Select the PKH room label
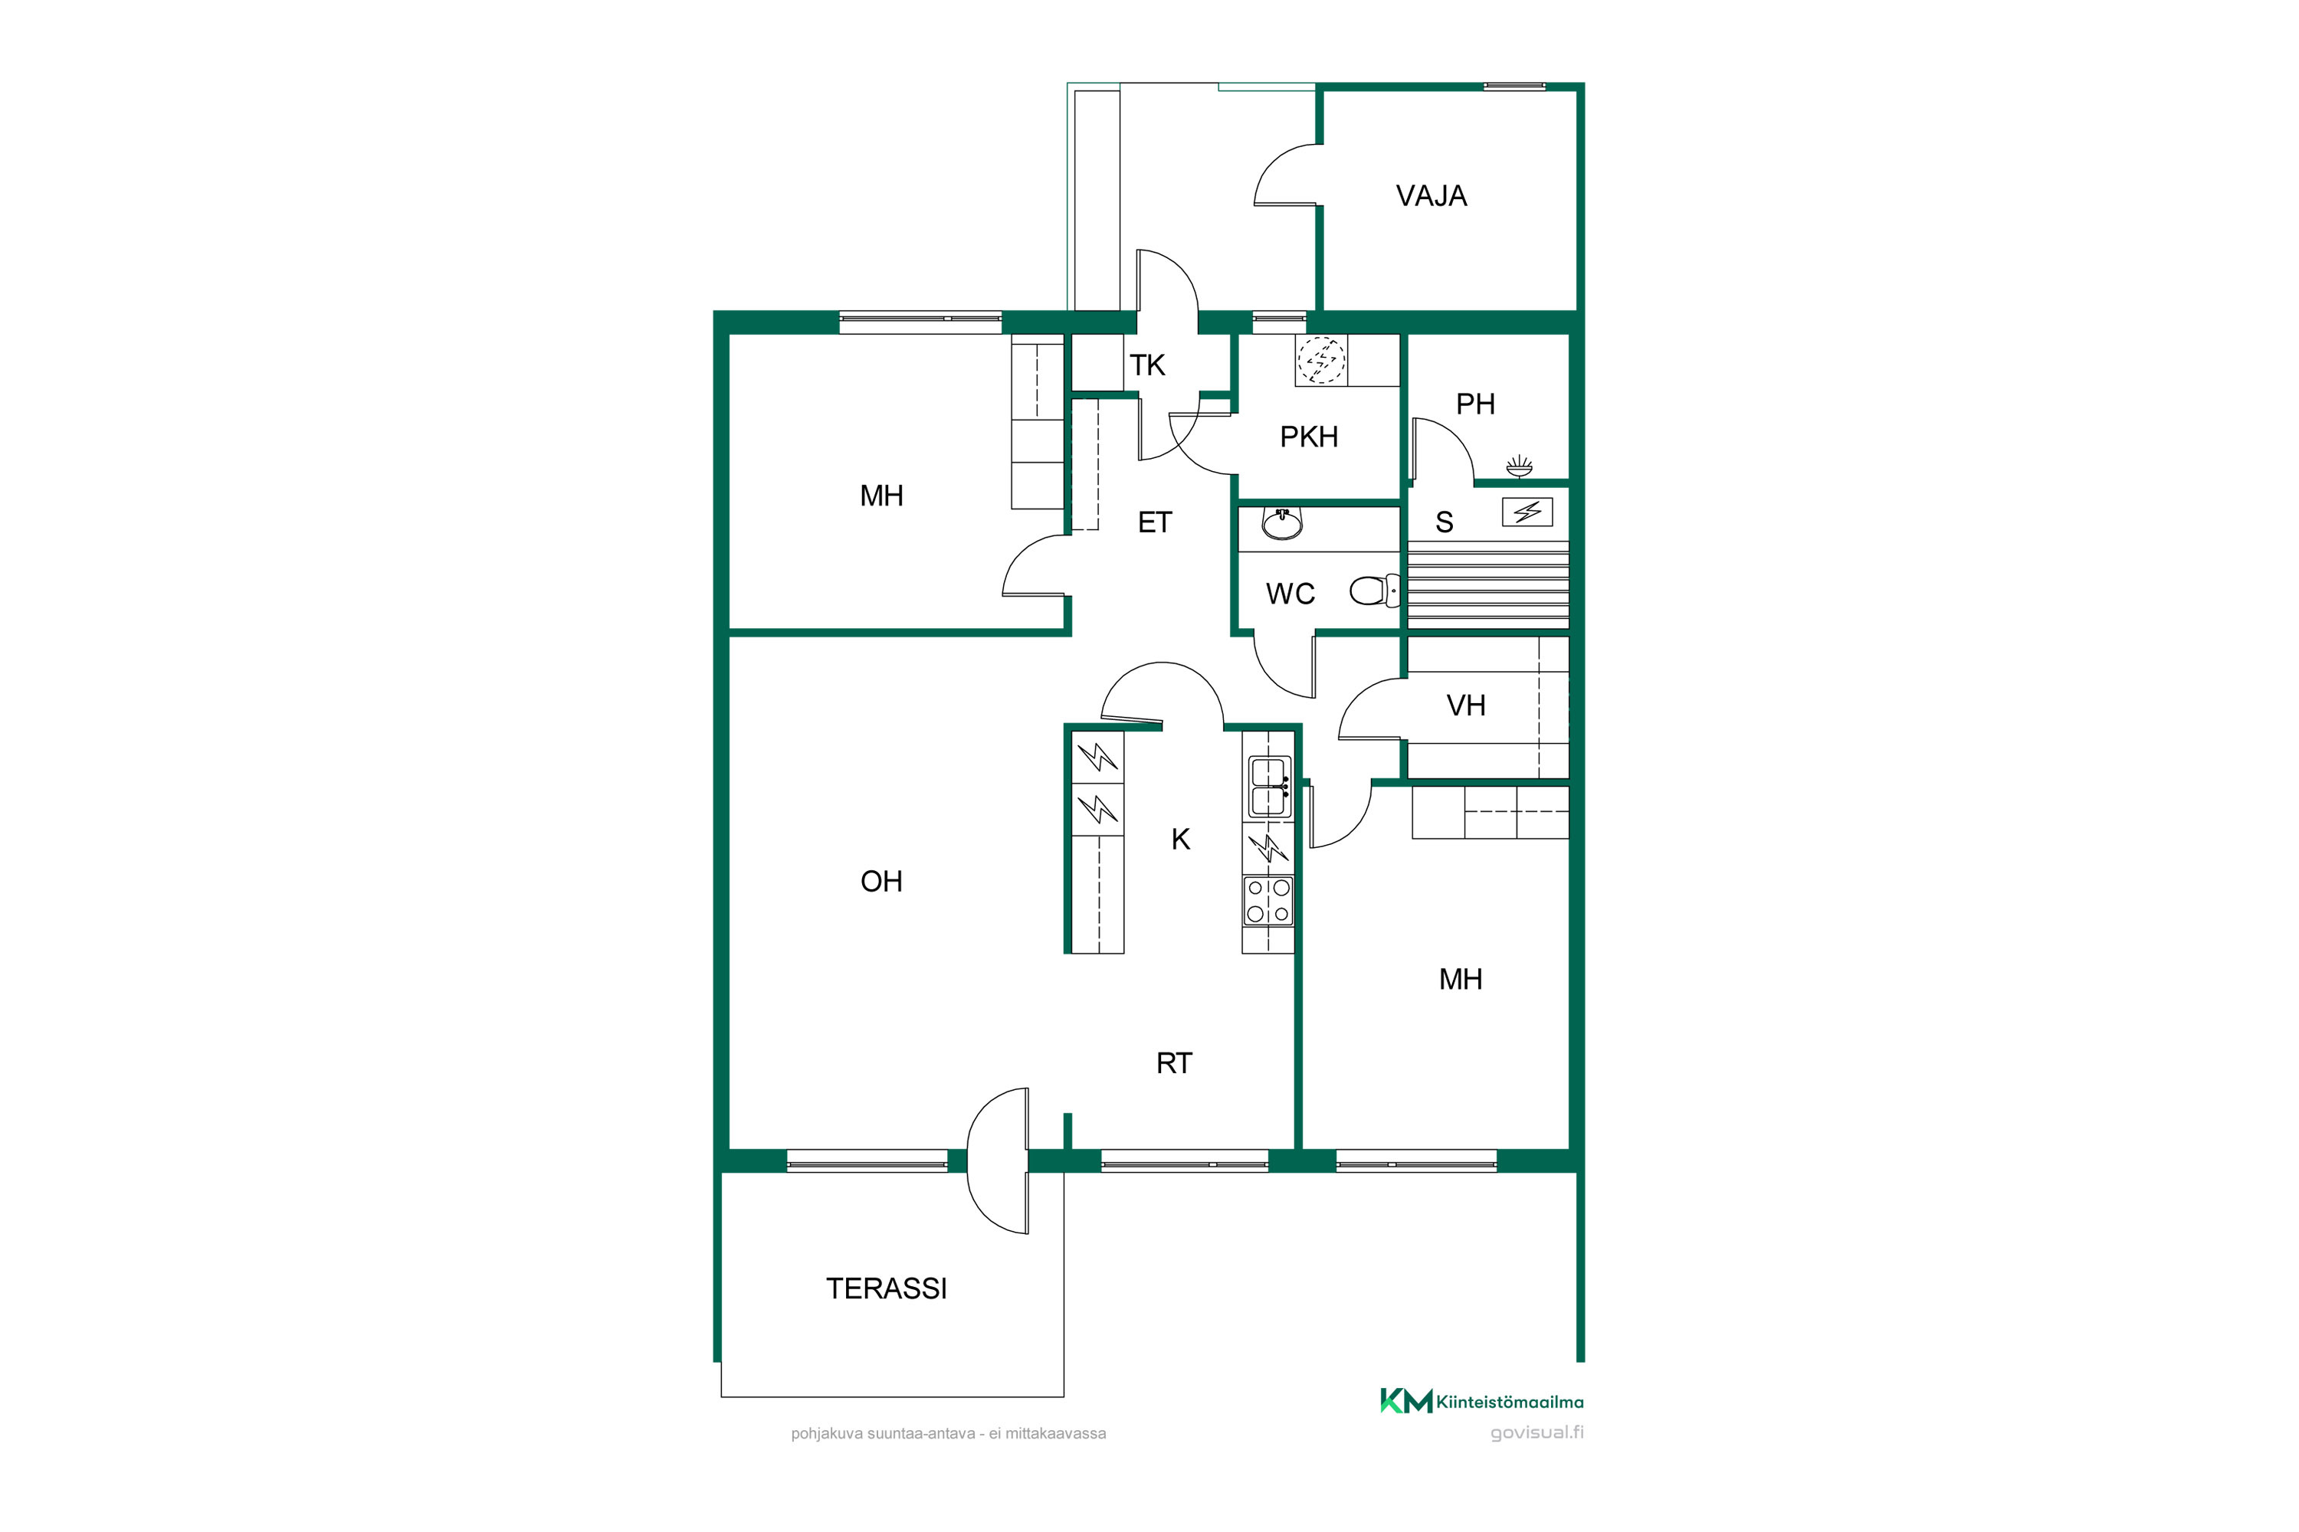1309,437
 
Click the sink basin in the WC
1281,525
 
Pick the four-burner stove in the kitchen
1268,901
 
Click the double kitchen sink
1270,787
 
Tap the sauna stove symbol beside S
1527,511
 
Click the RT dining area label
1174,1063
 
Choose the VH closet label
1465,705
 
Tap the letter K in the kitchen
1181,840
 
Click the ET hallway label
1154,522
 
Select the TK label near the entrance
1147,365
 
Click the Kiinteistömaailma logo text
1509,1402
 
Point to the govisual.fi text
1536,1432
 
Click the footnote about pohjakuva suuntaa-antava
948,1433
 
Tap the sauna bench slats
1487,584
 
